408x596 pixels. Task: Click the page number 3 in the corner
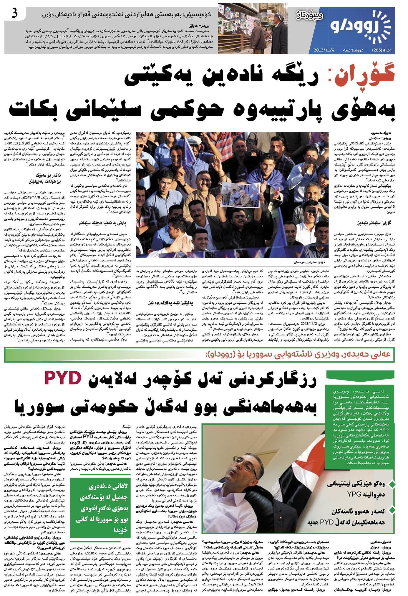[15, 14]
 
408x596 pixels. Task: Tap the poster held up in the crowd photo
[241, 194]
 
